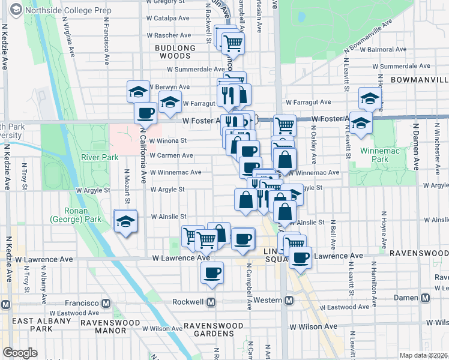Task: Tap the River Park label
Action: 97,157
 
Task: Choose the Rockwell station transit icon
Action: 211,301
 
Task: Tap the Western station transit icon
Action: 289,300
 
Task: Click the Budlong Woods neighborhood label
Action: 175,52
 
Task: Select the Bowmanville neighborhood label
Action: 419,79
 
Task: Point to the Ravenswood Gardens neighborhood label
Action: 214,329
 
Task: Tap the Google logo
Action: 20,353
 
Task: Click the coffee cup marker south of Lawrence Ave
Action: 211,273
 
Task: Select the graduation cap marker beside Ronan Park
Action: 125,221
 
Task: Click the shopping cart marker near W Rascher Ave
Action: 232,43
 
